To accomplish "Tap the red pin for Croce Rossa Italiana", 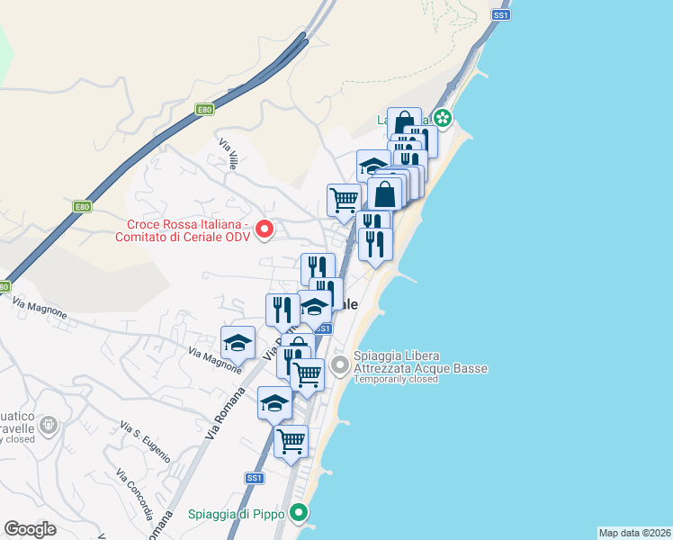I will point(265,229).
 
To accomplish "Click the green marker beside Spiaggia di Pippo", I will point(301,514).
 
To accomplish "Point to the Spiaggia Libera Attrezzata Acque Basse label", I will point(420,362).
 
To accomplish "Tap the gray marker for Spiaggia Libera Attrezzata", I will point(339,364).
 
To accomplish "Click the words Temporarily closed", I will point(396,379).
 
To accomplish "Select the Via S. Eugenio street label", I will point(145,442).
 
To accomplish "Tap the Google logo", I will point(30,529).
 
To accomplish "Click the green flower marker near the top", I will point(442,117).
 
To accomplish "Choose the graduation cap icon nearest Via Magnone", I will point(238,343).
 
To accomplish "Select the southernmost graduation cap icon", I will point(274,402).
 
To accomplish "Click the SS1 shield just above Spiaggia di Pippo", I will point(255,478).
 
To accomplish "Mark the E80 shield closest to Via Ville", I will point(204,110).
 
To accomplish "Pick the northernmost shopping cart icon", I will point(344,199).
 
